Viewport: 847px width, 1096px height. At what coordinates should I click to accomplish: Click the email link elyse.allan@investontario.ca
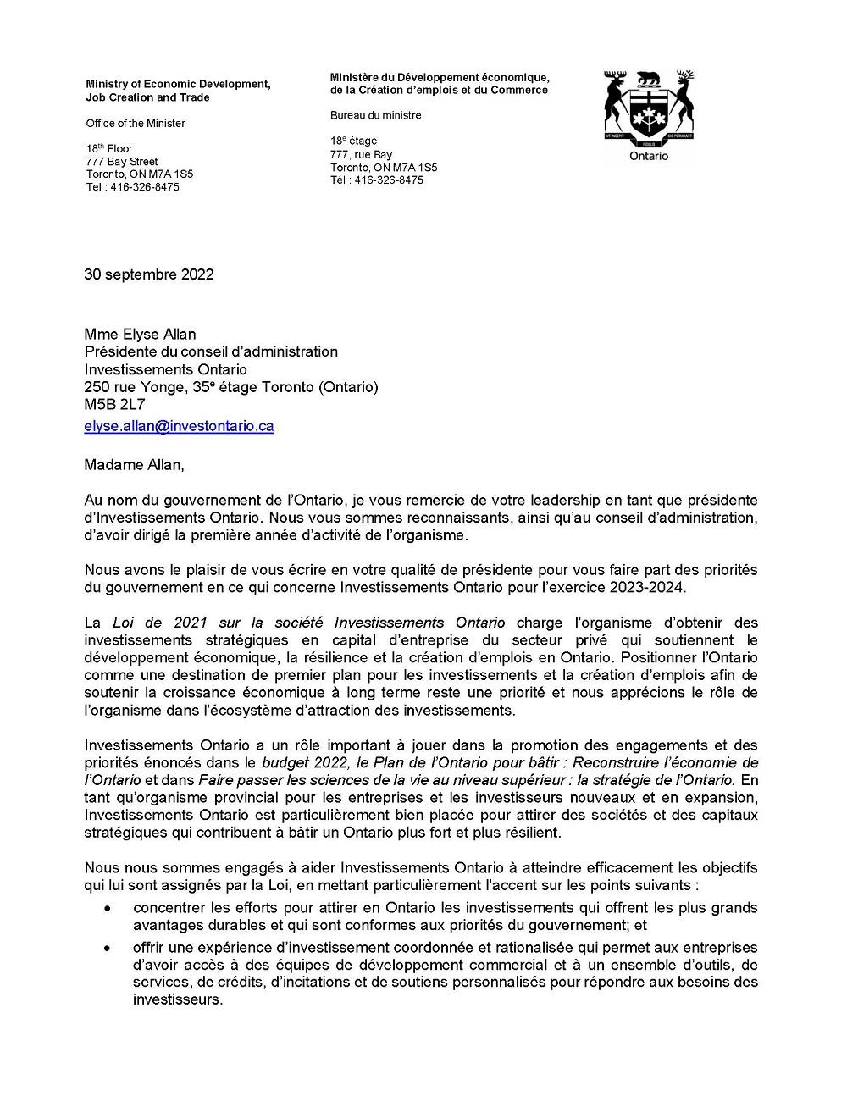179,427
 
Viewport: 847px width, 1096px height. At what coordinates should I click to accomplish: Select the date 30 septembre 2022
148,274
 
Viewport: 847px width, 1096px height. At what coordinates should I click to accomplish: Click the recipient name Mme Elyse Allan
140,334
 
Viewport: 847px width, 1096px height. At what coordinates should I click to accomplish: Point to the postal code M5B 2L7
114,405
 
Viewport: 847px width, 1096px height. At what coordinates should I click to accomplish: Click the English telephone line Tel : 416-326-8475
132,187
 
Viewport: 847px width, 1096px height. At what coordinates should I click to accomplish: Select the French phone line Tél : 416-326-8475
376,180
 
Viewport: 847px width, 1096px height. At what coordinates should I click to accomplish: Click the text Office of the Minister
135,124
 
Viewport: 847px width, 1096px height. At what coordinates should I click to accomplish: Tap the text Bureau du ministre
375,115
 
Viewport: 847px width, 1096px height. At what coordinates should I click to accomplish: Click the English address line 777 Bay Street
121,162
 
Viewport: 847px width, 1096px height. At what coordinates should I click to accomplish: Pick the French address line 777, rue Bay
361,155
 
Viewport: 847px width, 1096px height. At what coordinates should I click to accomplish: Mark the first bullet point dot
107,908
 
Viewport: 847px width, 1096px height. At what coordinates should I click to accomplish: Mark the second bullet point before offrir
107,948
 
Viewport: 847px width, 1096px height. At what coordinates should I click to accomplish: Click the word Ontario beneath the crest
649,157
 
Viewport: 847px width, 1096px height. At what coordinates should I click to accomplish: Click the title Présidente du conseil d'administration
210,351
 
